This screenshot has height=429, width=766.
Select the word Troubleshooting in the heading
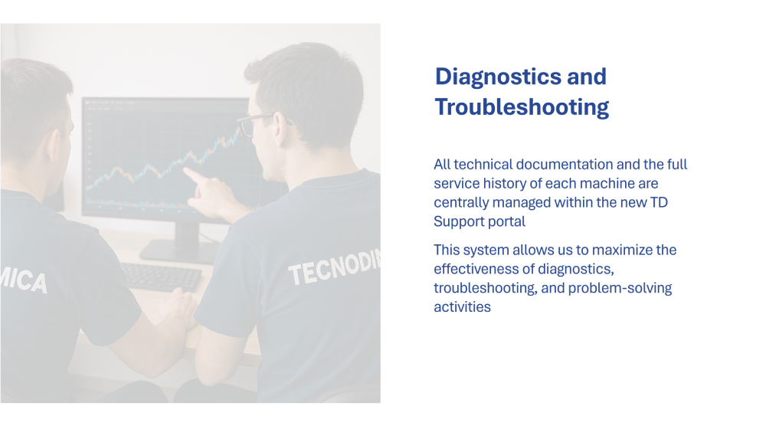(522, 107)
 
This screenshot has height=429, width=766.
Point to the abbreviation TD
(659, 202)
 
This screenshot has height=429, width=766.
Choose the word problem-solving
(620, 288)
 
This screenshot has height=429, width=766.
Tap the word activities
(462, 307)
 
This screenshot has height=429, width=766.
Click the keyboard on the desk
(160, 277)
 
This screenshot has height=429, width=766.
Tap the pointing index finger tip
(185, 170)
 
